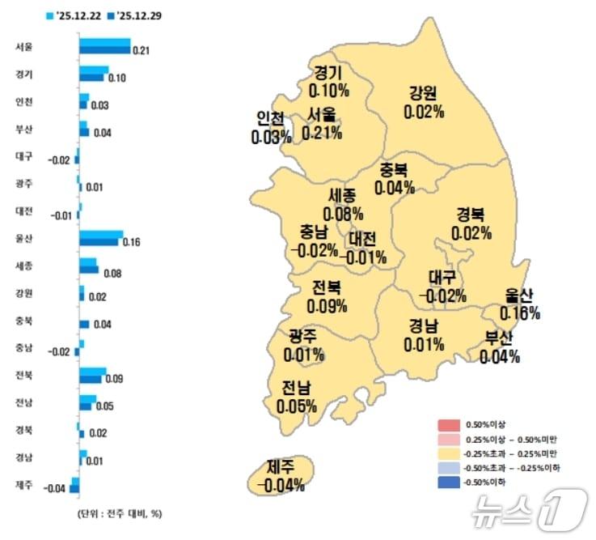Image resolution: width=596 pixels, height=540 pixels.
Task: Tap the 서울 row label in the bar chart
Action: click(23, 47)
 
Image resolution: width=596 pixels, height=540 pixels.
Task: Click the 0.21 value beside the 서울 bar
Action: click(142, 51)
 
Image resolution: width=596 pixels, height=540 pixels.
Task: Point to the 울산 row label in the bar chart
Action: click(23, 238)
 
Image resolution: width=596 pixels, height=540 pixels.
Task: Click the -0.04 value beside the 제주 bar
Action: click(55, 488)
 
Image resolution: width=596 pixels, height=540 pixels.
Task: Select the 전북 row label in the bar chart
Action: click(23, 374)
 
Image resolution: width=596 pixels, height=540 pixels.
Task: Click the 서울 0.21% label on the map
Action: click(322, 124)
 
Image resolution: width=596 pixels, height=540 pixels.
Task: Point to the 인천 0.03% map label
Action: click(272, 128)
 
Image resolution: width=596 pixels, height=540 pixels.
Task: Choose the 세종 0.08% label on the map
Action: click(342, 205)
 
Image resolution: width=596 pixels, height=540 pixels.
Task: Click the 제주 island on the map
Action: click(280, 476)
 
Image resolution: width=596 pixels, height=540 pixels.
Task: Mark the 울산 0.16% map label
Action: click(520, 304)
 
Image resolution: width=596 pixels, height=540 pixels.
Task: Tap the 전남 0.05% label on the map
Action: click(295, 397)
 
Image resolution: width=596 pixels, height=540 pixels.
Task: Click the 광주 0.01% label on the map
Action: click(304, 346)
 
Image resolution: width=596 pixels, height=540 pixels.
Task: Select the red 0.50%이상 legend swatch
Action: click(448, 424)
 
